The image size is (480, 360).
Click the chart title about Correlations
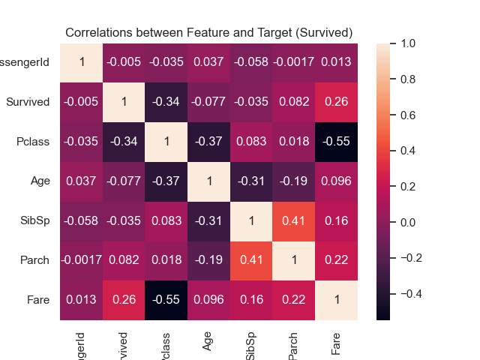(208, 33)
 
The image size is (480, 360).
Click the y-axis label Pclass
(34, 142)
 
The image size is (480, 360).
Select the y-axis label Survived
(28, 102)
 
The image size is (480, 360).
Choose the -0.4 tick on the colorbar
(412, 293)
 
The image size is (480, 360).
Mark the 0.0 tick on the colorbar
(409, 222)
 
